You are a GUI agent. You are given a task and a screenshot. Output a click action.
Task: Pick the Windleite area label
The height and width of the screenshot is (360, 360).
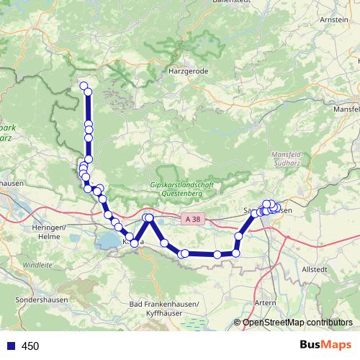pyautogui.click(x=37, y=265)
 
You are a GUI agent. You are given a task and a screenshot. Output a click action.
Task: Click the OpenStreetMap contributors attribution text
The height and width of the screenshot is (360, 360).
pyautogui.click(x=297, y=323)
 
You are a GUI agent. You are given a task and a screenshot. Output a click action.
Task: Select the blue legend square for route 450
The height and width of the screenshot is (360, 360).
pyautogui.click(x=9, y=346)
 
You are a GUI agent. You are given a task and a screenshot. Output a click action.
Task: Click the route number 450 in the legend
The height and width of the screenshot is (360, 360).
pyautogui.click(x=30, y=346)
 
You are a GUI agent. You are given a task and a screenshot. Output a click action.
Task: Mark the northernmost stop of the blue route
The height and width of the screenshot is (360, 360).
pyautogui.click(x=84, y=87)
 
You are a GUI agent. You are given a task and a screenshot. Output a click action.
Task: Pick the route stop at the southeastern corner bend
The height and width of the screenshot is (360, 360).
pyautogui.click(x=235, y=253)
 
